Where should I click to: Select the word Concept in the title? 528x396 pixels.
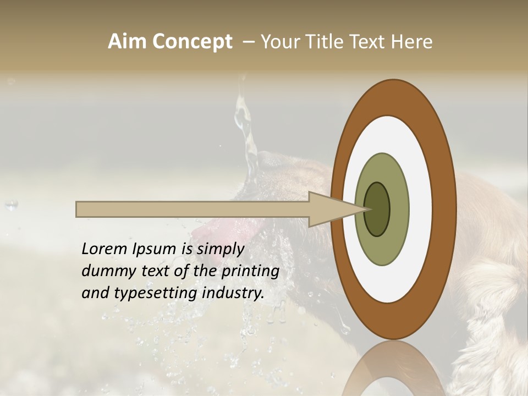click(x=193, y=42)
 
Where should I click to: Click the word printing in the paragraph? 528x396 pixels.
click(x=251, y=271)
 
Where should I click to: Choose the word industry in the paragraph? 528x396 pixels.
click(x=233, y=293)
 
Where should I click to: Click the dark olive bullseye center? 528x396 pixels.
click(x=377, y=210)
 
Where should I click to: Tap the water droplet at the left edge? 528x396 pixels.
click(x=12, y=205)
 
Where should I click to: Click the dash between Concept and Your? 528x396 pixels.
click(x=248, y=42)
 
